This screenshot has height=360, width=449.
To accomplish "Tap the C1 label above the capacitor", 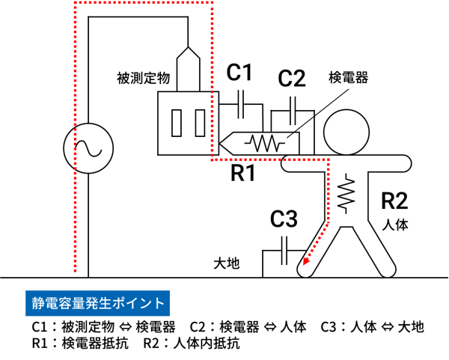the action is click(239, 72).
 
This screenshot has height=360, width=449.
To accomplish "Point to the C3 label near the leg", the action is click(284, 219).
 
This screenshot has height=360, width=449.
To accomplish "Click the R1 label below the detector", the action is click(242, 173).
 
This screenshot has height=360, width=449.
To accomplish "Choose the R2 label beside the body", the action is click(394, 201).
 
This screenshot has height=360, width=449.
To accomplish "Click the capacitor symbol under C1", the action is click(241, 104).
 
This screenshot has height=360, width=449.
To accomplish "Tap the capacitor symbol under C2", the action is click(293, 111).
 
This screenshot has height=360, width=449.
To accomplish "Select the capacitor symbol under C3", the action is click(284, 251).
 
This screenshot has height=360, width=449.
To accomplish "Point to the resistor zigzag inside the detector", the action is click(265, 143).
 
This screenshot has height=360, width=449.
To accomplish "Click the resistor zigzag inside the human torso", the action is click(346, 193).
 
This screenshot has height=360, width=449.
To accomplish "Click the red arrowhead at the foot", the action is click(306, 261).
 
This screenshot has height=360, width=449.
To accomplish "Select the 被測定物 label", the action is click(143, 78).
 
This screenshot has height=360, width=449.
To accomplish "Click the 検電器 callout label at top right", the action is click(348, 77).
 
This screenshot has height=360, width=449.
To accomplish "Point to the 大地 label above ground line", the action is click(227, 263).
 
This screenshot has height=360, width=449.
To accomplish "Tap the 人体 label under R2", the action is click(395, 225).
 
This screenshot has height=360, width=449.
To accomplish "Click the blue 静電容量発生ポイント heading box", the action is click(97, 303).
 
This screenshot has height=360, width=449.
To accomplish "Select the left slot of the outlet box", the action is click(177, 123).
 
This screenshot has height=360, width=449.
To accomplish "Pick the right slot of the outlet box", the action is click(200, 123).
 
